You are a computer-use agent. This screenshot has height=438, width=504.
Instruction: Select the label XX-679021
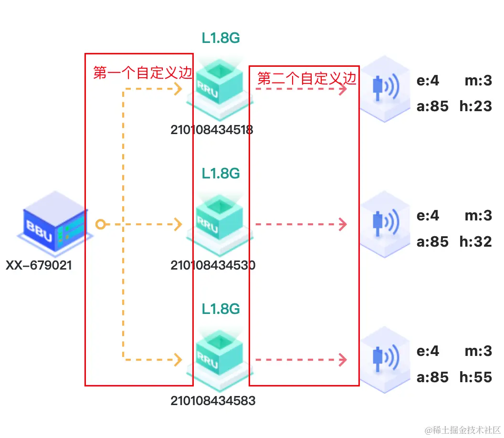pos(39,265)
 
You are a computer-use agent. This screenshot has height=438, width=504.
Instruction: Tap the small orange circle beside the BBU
pos(100,224)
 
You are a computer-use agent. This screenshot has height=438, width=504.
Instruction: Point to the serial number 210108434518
pos(212,129)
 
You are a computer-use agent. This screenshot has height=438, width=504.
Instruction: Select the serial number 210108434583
pos(213,400)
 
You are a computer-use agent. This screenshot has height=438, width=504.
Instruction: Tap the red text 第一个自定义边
pos(142,73)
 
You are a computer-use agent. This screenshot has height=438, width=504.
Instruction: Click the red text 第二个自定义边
pos(307,78)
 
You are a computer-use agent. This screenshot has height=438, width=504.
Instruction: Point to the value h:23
pos(475,106)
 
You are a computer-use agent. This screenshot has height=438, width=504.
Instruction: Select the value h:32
pos(475,241)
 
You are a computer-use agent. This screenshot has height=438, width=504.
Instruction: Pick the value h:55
pos(475,377)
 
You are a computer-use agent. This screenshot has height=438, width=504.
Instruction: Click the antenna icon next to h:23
pos(385,88)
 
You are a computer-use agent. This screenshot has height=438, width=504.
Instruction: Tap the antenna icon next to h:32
pos(385,223)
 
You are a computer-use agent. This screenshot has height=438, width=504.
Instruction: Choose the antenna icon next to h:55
pos(385,358)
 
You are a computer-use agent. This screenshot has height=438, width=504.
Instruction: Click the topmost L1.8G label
pos(220,39)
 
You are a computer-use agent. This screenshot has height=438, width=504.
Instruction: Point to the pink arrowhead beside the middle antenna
pos(343,224)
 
